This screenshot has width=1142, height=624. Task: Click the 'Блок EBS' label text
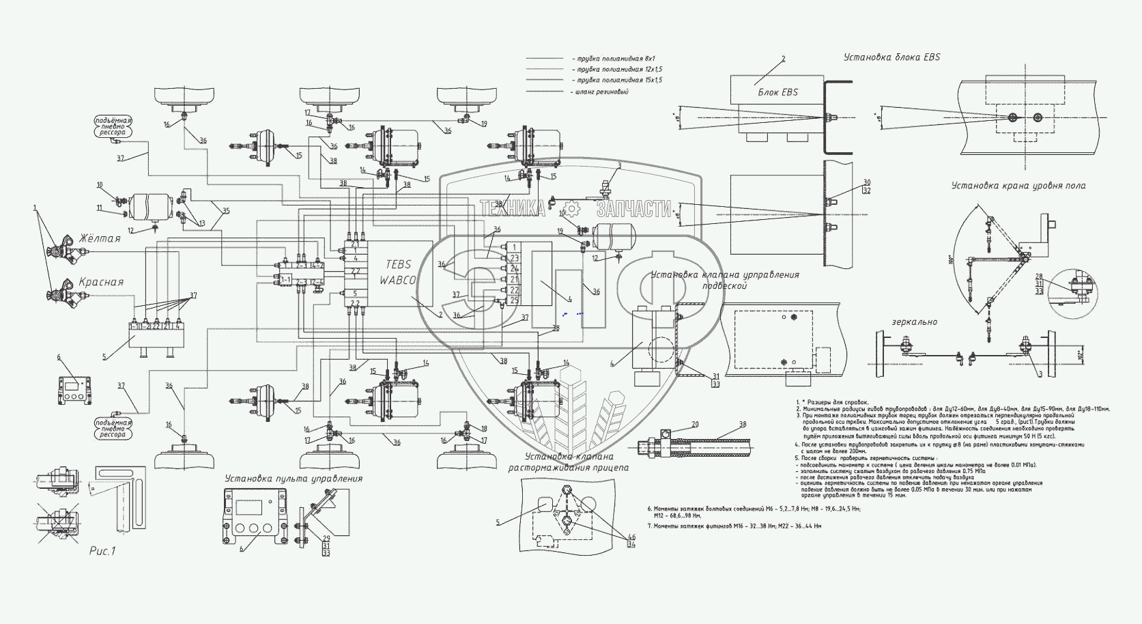coord(777,92)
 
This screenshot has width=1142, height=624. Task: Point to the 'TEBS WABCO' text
coord(399,272)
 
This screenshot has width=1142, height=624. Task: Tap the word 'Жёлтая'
coord(100,239)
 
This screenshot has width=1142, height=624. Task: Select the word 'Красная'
coord(101,282)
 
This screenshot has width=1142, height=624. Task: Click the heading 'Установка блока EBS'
coord(891,57)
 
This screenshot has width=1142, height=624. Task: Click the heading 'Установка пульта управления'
coord(294,479)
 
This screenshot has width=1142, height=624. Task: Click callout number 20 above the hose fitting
coord(695,424)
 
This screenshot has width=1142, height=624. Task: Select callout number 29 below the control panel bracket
coord(327,539)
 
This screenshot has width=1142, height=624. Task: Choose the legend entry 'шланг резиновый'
coord(603,91)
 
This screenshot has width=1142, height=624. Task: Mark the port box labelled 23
coord(514,257)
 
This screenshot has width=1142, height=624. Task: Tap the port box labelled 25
coord(514,300)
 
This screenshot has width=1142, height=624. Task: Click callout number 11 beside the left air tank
coord(99,208)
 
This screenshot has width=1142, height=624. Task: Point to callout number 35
coord(227,211)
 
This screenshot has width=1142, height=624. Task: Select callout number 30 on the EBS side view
coord(848,182)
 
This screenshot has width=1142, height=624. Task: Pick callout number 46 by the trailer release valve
coord(631,537)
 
